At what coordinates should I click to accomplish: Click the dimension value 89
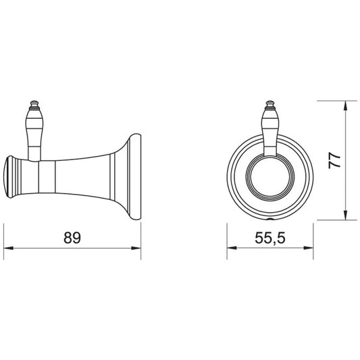point(72,238)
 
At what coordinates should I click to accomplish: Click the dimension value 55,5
point(270,238)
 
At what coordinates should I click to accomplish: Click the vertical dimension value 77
point(334,161)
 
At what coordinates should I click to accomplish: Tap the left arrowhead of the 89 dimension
point(8,248)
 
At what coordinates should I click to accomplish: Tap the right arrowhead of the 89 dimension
point(136,248)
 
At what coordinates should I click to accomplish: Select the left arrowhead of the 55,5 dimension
point(232,248)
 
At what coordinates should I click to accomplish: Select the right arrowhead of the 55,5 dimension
point(309,248)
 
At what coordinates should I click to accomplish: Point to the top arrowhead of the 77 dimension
point(345,105)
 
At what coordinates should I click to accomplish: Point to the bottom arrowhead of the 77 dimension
point(345,215)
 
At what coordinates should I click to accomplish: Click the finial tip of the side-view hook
point(34,101)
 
